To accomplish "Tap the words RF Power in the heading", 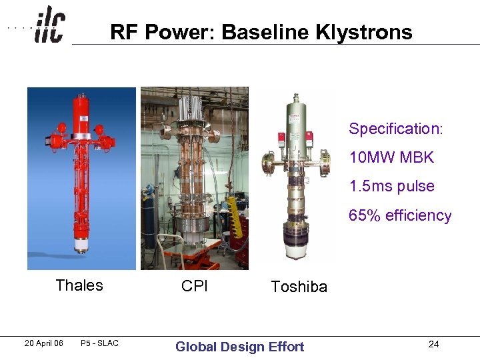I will click(x=163, y=32).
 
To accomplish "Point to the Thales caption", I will click(x=79, y=285).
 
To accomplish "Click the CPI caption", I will click(x=195, y=286).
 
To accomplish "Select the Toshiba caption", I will click(x=299, y=287).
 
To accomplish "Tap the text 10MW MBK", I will click(x=391, y=158).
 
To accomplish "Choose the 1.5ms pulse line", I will click(x=391, y=187).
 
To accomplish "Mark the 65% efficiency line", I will click(x=400, y=216).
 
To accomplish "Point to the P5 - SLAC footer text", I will click(x=99, y=343).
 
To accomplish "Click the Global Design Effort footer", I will click(x=239, y=346).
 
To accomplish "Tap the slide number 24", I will click(x=434, y=344).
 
